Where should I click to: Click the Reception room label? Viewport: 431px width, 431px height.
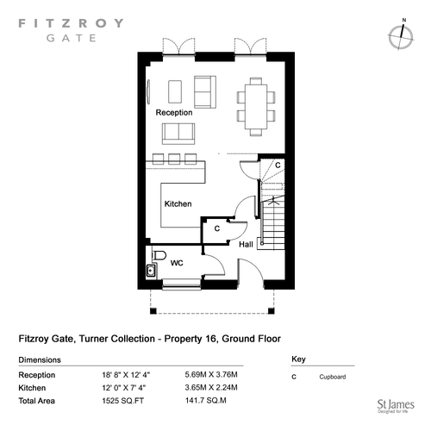click(x=174, y=112)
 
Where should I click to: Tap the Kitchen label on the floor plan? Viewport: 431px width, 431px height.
click(x=178, y=203)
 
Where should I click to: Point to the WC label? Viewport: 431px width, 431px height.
click(x=177, y=263)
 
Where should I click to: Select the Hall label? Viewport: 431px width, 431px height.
click(x=246, y=244)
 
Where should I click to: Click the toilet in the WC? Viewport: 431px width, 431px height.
click(x=159, y=255)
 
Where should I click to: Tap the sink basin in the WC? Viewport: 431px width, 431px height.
click(x=151, y=271)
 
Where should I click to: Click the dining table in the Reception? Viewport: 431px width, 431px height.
click(x=256, y=107)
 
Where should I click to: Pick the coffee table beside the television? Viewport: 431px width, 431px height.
click(x=175, y=91)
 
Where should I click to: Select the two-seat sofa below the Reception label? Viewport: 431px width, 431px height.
click(x=178, y=134)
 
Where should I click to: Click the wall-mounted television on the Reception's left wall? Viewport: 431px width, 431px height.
click(x=148, y=91)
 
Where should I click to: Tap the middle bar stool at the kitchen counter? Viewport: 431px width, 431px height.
click(x=174, y=159)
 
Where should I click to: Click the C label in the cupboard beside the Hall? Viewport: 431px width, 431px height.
click(x=217, y=228)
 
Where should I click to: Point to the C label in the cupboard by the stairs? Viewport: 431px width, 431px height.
click(x=278, y=166)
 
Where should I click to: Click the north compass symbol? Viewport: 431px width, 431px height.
click(x=401, y=37)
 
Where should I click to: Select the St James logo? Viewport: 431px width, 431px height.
click(x=396, y=407)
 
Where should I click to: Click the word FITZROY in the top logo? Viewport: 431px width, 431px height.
click(x=71, y=23)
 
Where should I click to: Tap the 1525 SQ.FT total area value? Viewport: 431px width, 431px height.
click(x=123, y=401)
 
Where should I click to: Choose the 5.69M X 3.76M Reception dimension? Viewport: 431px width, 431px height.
click(x=211, y=375)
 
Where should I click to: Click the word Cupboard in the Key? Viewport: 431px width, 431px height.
click(x=333, y=377)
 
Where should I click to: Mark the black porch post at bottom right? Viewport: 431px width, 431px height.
click(x=271, y=310)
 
